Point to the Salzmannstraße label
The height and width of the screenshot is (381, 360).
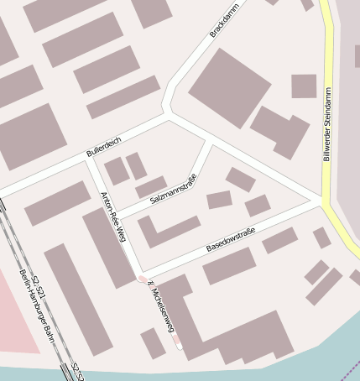pos(173,192)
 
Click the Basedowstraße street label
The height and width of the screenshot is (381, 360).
pos(230,243)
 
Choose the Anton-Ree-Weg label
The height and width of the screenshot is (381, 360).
pos(112,216)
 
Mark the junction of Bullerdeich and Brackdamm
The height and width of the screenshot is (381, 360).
pos(169,115)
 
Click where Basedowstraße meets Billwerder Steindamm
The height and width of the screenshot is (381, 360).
pos(322,202)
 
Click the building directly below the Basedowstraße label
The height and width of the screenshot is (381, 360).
pos(229,265)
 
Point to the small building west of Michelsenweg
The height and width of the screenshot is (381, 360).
pos(153,342)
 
